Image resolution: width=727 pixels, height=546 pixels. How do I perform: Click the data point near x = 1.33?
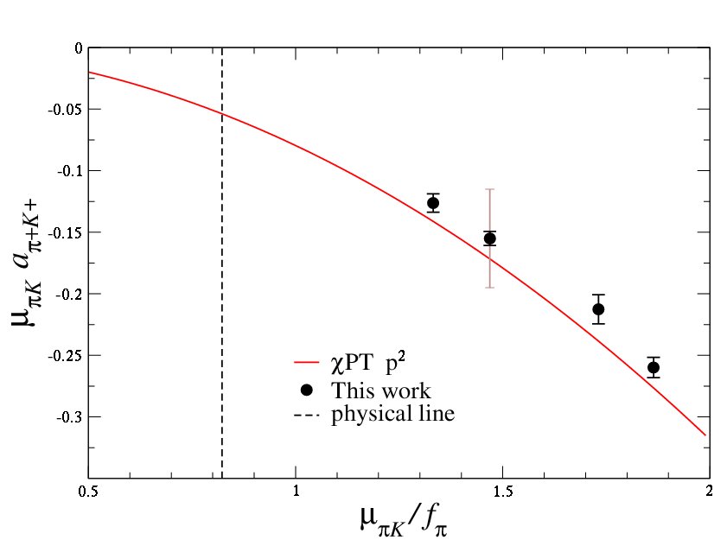(x=433, y=203)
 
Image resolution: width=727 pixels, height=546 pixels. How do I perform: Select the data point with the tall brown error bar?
(x=490, y=238)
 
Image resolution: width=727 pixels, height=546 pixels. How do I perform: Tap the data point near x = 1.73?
(x=598, y=309)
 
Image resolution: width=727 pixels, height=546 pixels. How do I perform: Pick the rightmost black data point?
(x=654, y=367)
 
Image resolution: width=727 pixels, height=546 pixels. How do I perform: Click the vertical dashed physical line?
(x=222, y=259)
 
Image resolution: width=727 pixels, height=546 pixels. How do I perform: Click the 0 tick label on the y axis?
(x=77, y=48)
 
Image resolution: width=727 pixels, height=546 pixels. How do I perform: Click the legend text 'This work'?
(x=380, y=390)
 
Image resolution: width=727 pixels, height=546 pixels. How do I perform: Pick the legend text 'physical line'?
(x=392, y=414)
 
